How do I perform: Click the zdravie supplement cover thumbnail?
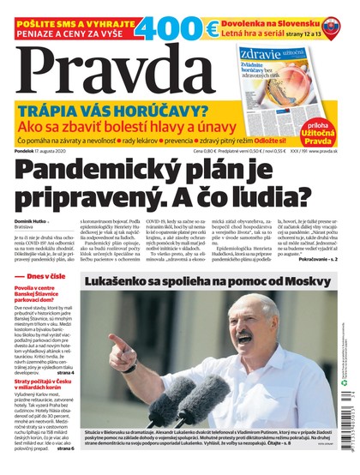click(x=283, y=81)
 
